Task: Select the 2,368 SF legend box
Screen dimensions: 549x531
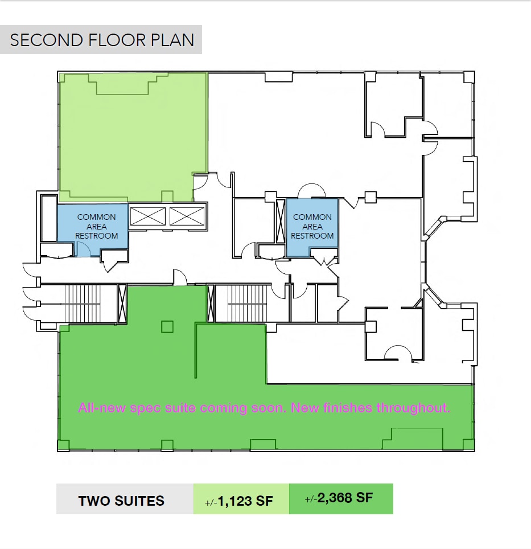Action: point(340,498)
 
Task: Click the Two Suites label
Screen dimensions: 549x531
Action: point(121,501)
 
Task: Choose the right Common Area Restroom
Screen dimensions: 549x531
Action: point(312,226)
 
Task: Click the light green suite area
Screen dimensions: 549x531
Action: point(133,137)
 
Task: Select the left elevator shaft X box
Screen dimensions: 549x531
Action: point(147,216)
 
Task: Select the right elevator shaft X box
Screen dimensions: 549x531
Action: point(186,216)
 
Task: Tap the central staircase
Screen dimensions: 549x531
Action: point(246,304)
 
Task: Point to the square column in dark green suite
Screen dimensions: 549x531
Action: point(167,326)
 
